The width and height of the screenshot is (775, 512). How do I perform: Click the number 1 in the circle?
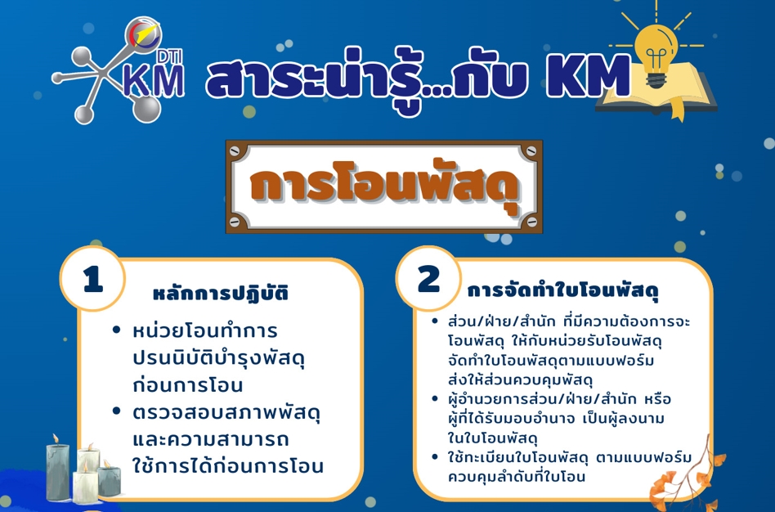pyautogui.click(x=93, y=279)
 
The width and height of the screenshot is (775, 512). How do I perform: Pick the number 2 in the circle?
pyautogui.click(x=428, y=279)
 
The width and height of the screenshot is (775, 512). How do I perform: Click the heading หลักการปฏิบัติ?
pyautogui.click(x=221, y=294)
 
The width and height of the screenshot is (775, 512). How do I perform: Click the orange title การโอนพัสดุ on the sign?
pyautogui.click(x=384, y=185)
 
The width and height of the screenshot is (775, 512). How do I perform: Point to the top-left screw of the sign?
pyautogui.click(x=235, y=150)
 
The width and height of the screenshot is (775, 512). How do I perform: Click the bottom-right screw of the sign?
pyautogui.click(x=531, y=222)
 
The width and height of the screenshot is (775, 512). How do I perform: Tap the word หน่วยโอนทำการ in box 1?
pyautogui.click(x=205, y=331)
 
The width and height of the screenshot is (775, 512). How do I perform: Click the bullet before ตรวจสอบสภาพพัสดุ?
pyautogui.click(x=117, y=411)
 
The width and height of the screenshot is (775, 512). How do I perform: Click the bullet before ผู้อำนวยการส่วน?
pyautogui.click(x=435, y=397)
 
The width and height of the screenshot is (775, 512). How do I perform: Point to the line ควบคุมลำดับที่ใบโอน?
pyautogui.click(x=517, y=476)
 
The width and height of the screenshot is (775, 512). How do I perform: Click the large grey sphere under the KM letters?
pyautogui.click(x=147, y=108)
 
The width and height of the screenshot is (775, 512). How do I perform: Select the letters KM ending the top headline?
pyautogui.click(x=588, y=76)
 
